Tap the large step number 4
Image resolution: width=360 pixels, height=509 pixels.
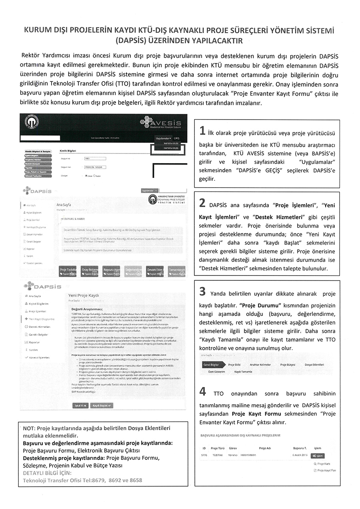point(203,391)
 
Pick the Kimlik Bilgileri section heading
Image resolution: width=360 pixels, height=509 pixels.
point(68,151)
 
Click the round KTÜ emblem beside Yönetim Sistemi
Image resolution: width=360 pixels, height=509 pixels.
point(152,200)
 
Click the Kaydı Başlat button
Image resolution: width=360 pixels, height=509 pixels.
point(102,405)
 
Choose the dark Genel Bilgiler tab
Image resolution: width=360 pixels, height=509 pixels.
point(211,365)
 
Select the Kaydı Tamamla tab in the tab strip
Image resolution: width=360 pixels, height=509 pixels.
point(243,371)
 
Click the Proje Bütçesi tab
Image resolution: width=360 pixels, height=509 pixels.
point(288,365)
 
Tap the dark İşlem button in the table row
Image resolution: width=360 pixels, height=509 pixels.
point(317,455)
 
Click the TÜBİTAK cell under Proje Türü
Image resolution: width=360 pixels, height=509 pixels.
point(218,455)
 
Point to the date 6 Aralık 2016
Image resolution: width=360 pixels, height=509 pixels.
point(300,455)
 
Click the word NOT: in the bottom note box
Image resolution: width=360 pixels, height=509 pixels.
point(30,428)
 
